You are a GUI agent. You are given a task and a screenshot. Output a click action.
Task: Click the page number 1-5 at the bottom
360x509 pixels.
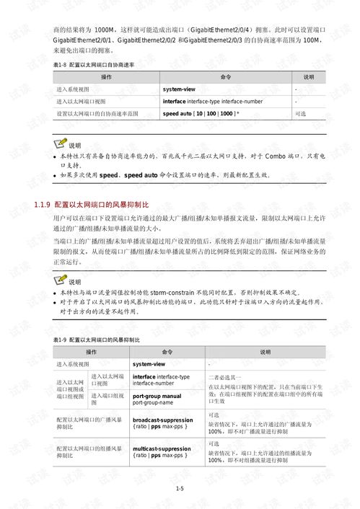pos(180,488)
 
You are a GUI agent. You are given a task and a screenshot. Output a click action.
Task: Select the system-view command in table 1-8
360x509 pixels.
pos(183,89)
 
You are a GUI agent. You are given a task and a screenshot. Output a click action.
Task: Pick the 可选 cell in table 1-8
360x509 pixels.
pos(301,114)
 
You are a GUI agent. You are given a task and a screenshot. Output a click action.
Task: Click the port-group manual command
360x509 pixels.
pos(157,397)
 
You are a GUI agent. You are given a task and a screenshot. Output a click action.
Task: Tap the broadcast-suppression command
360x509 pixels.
pos(162,420)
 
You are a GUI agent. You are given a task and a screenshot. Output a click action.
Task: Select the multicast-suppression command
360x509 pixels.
pos(162,448)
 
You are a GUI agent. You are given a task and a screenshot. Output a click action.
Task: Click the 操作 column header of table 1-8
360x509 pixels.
pos(106,76)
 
